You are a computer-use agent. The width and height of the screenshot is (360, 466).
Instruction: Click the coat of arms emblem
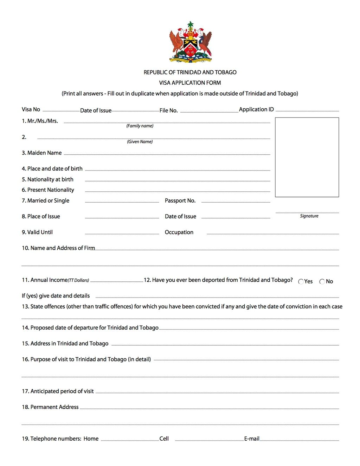tap(191, 42)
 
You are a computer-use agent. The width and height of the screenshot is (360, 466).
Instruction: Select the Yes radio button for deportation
tap(301, 282)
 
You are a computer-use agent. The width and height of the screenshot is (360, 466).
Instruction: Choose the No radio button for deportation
tap(322, 282)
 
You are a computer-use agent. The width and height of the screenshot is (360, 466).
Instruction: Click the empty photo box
tap(307, 157)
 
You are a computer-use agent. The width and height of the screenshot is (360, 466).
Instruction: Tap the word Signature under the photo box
tap(309, 216)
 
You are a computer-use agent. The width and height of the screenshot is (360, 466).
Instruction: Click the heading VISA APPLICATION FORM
tap(190, 83)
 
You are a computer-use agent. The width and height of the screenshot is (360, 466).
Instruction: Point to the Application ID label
tap(256, 109)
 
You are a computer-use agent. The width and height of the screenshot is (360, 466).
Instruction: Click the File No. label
tap(169, 110)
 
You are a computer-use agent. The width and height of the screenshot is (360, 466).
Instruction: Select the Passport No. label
tap(180, 200)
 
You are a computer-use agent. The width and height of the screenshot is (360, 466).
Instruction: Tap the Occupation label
tap(179, 232)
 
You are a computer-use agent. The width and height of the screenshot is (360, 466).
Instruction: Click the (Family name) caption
tap(140, 126)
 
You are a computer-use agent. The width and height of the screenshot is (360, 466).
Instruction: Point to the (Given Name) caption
tap(140, 142)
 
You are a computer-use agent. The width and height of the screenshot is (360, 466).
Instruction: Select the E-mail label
tap(252, 439)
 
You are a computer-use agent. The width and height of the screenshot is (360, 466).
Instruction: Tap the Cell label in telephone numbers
tap(164, 439)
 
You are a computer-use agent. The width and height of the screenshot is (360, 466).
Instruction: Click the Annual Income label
tap(49, 280)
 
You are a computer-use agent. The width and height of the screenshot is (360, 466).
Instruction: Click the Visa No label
tap(31, 109)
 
